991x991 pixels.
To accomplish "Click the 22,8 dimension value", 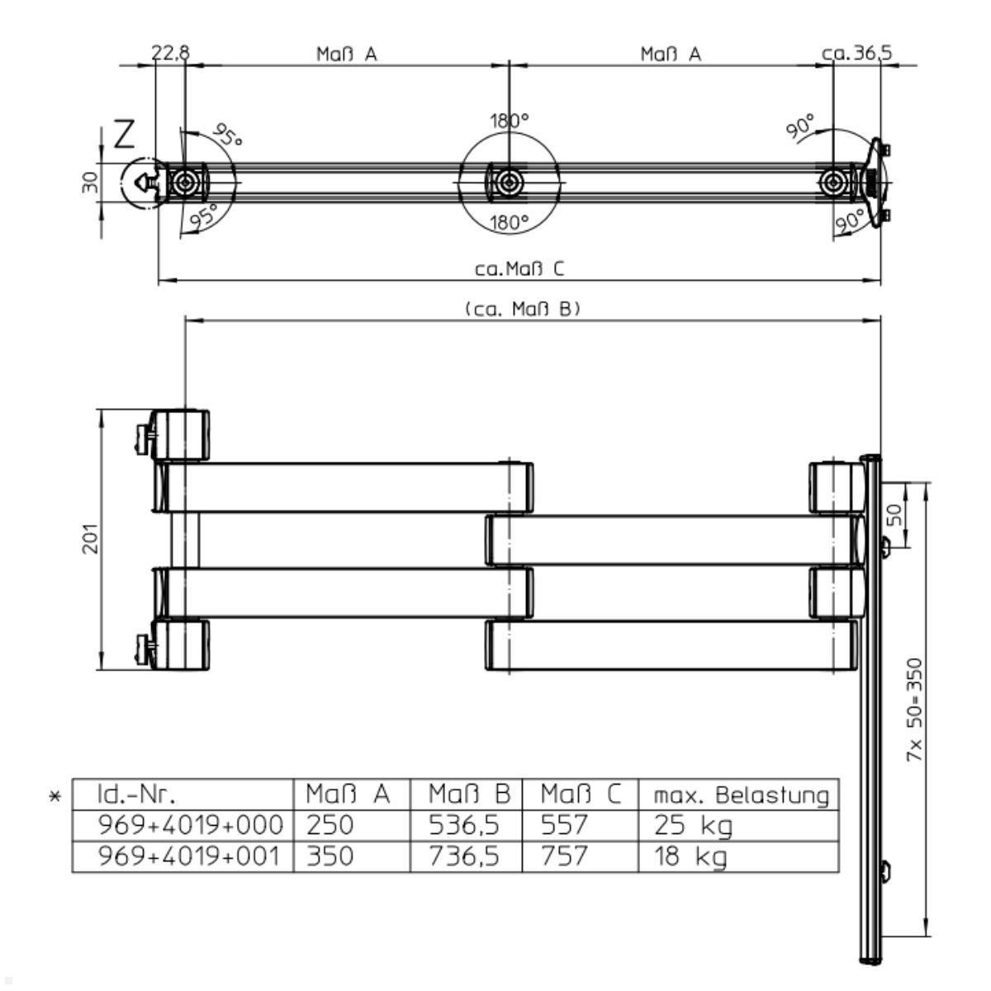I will (171, 53).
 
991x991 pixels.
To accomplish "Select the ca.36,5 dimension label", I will (856, 53).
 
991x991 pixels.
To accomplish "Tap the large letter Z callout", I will (124, 135).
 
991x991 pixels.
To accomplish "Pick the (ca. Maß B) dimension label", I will (523, 309).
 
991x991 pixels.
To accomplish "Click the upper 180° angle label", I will (509, 121).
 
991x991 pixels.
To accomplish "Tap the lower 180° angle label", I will (509, 222).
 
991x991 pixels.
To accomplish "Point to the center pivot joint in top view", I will (510, 181).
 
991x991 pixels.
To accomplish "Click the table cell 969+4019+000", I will (191, 825).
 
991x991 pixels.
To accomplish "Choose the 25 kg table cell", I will (681, 825).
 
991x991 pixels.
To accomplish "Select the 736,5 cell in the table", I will (463, 856).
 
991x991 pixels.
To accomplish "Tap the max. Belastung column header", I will (741, 794).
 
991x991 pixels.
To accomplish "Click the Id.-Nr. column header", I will (137, 794).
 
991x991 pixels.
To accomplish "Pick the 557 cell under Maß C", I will (564, 825).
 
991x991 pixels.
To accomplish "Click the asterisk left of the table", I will (55, 797).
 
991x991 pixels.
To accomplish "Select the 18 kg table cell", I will (681, 856).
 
